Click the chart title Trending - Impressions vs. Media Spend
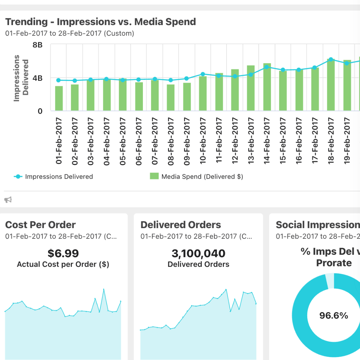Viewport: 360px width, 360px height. [101, 22]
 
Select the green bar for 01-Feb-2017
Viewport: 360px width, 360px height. [59, 98]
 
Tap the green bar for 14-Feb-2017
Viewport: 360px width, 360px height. [267, 87]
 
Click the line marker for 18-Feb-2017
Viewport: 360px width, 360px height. [331, 59]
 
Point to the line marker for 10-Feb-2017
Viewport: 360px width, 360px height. [203, 74]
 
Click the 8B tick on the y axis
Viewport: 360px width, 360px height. [37, 45]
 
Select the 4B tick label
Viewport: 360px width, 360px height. [37, 78]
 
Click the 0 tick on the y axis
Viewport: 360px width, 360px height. [40, 111]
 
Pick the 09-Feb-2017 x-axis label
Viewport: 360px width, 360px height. [187, 141]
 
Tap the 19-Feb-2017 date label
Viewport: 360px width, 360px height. [347, 141]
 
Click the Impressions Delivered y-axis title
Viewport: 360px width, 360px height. [21, 78]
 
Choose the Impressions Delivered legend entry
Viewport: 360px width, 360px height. [53, 177]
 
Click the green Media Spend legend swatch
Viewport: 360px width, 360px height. [154, 176]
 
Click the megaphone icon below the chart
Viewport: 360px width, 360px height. [8, 199]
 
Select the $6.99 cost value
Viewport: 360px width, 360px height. [63, 253]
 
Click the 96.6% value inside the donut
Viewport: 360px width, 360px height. [334, 316]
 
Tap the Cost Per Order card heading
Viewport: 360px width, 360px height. [40, 225]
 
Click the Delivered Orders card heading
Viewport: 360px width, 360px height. [181, 225]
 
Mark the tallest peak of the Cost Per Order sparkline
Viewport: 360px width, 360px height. [104, 289]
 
